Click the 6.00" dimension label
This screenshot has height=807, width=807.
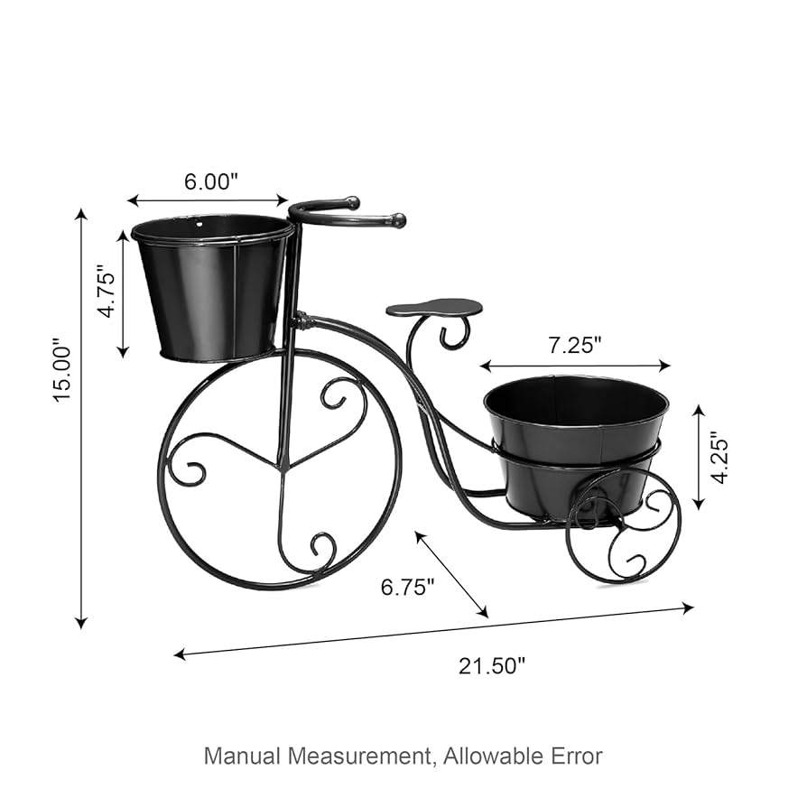tap(210, 181)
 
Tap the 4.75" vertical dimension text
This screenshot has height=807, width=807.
tap(107, 291)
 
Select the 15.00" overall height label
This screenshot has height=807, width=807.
tap(60, 370)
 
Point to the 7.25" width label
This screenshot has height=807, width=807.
tap(574, 344)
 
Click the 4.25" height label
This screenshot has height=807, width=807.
tap(719, 457)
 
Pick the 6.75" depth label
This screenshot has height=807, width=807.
tap(407, 587)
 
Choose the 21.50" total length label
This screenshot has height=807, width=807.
tap(492, 666)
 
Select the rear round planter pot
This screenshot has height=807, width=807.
tap(576, 442)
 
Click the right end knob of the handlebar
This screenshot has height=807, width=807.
tap(397, 219)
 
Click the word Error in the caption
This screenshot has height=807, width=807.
tap(574, 755)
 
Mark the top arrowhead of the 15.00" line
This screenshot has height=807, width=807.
tap(81, 215)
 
